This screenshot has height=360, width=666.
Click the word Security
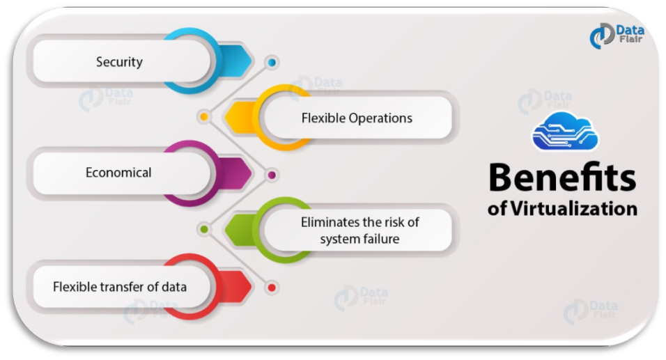coord(119,62)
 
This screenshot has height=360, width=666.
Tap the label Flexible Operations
coord(357,118)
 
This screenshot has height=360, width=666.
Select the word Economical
coord(118,173)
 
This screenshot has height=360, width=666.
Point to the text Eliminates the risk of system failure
coord(359,230)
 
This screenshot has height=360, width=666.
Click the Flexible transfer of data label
coord(120,287)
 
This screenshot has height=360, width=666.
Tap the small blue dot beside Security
coord(272,63)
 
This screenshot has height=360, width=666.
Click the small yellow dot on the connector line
coord(204,116)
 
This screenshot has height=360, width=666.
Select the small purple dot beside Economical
coord(272,175)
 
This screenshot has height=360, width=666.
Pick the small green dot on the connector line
coord(204,229)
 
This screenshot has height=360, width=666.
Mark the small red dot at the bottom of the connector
coord(272,288)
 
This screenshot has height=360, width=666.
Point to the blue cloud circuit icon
coord(565,131)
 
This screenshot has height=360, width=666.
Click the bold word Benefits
coord(562,178)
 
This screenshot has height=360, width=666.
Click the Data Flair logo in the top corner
coord(617,36)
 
